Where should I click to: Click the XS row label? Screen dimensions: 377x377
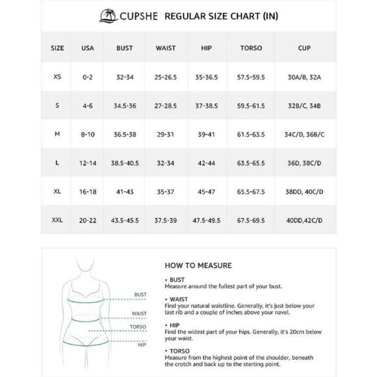tap(58, 76)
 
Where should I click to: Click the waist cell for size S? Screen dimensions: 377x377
tap(165, 105)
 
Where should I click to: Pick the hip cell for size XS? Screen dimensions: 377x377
tap(207, 76)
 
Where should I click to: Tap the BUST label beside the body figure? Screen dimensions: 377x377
tap(140, 294)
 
